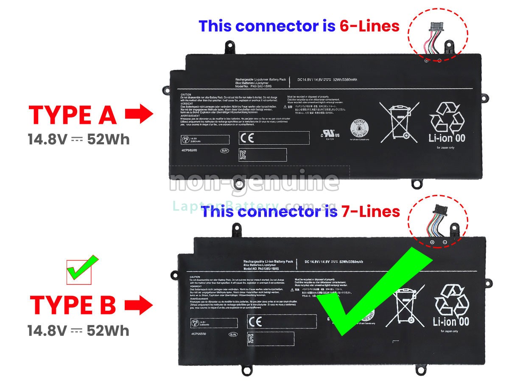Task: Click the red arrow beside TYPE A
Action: [x=139, y=115]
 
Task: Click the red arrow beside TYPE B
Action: [x=139, y=305]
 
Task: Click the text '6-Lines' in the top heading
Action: [x=369, y=26]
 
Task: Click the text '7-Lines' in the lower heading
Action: [x=370, y=211]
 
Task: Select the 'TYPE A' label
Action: [x=73, y=115]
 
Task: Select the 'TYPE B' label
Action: [x=73, y=305]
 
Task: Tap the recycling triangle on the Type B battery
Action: [x=451, y=300]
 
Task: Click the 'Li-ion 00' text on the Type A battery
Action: [x=447, y=138]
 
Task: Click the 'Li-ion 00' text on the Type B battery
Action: [x=451, y=321]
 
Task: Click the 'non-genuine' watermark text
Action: [x=255, y=182]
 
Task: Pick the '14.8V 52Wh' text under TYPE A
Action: [x=78, y=139]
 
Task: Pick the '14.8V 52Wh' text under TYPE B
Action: [x=78, y=331]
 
